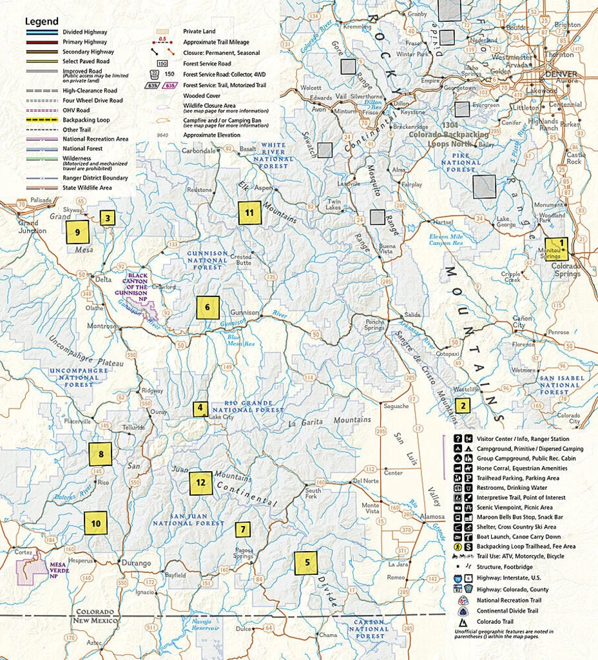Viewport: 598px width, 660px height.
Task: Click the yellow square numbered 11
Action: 249,213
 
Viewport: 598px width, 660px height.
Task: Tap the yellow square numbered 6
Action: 207,308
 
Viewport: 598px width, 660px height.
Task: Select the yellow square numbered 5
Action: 307,563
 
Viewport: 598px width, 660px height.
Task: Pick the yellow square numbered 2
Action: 462,405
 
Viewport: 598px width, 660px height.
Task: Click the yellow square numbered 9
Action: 77,231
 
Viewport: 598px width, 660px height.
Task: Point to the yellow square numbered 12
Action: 200,482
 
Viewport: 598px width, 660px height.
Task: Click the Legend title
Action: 41,21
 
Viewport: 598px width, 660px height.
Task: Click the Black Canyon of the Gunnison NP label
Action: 140,283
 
